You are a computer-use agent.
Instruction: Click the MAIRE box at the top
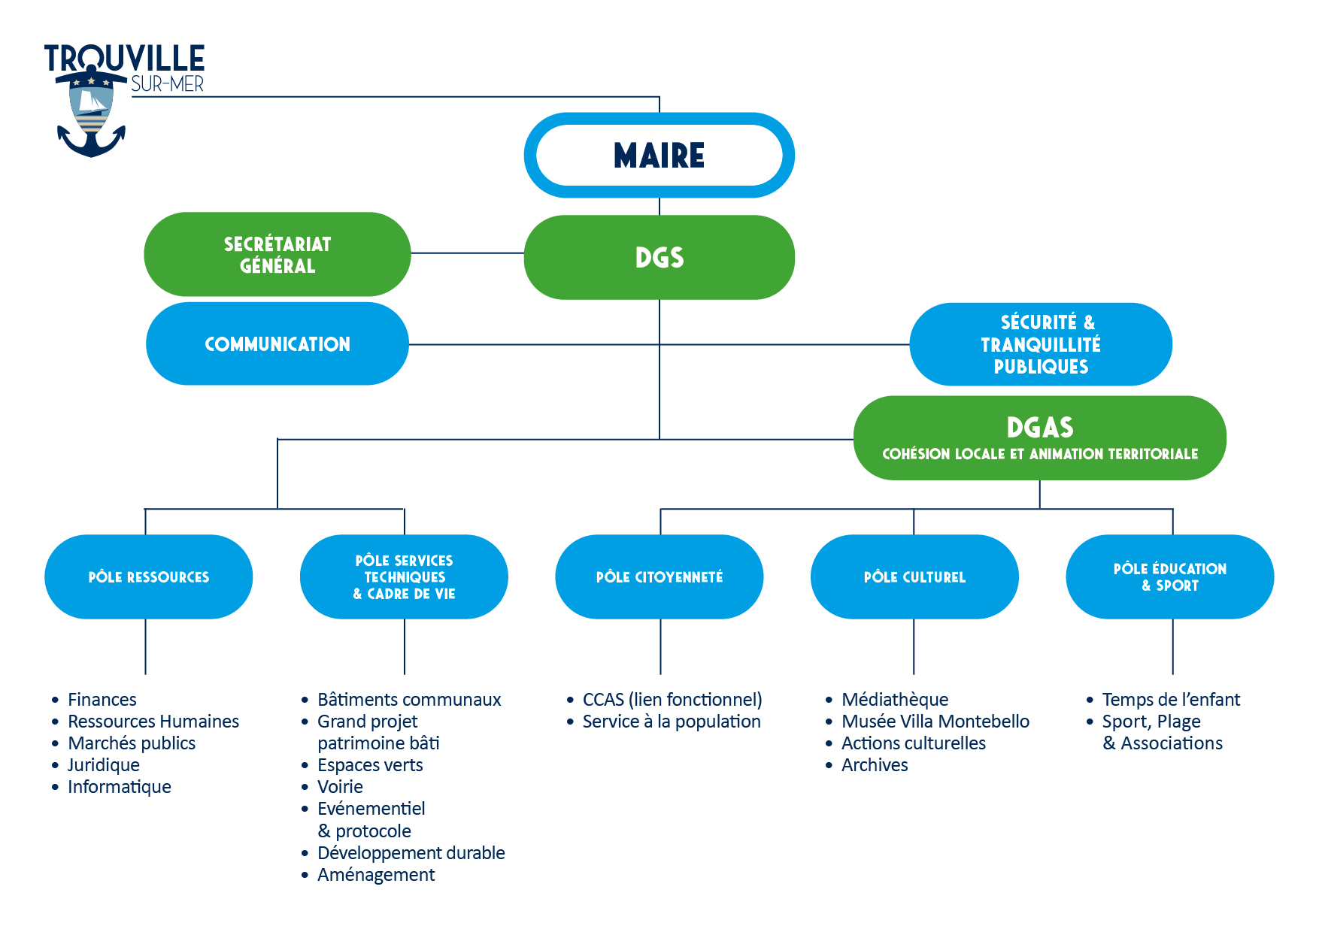[x=659, y=156]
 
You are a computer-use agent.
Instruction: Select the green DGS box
[x=659, y=257]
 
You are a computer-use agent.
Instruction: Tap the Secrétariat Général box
[x=277, y=255]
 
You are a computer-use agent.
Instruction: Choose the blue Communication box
[x=277, y=344]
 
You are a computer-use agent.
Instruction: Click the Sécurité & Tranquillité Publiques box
[x=1040, y=344]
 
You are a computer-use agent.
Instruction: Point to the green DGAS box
[x=1039, y=437]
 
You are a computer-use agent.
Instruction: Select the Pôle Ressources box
[x=148, y=577]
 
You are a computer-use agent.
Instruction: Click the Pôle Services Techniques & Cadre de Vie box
[x=404, y=577]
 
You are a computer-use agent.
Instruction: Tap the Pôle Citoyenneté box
[x=659, y=577]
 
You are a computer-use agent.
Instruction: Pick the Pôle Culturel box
[x=914, y=577]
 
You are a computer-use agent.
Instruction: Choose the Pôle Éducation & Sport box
[x=1169, y=577]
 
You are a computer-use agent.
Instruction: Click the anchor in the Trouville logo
[x=91, y=143]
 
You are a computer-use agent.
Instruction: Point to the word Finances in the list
[x=102, y=700]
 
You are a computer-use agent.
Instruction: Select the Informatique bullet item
[x=120, y=787]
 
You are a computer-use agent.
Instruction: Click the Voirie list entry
[x=340, y=787]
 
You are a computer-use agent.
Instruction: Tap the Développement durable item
[x=411, y=853]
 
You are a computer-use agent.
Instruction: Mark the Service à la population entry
[x=672, y=722]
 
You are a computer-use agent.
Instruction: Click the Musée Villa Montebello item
[x=935, y=722]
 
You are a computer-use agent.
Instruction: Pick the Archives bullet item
[x=875, y=765]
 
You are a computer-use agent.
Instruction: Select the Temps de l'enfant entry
[x=1170, y=700]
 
